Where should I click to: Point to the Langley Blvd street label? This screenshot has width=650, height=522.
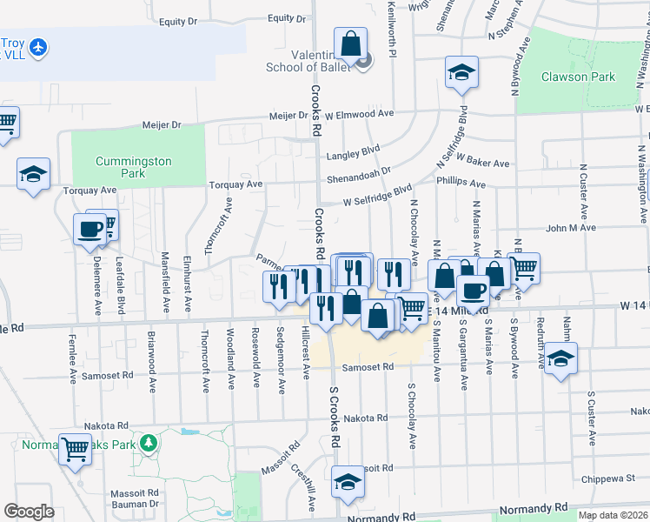tap(354, 156)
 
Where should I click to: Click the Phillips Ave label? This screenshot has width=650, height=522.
tap(461, 184)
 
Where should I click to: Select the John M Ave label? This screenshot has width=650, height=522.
tap(570, 228)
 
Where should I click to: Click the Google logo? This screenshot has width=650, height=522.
tap(29, 511)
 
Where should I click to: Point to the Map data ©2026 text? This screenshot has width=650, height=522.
tap(614, 515)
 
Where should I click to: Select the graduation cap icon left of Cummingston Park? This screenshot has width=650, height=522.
tap(33, 173)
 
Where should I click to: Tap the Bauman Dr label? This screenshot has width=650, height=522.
tap(135, 503)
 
